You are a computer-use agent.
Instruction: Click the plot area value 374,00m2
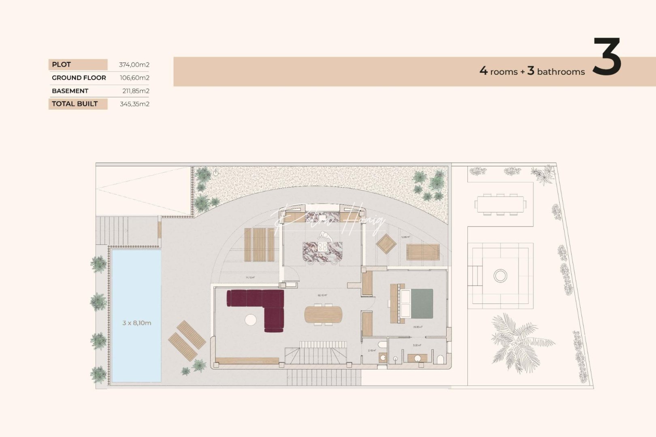tap(134, 65)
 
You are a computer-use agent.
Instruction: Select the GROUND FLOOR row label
tap(79, 78)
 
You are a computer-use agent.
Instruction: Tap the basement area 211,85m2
tap(136, 91)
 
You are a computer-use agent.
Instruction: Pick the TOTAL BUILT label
tap(75, 104)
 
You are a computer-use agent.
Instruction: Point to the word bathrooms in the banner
tap(561, 72)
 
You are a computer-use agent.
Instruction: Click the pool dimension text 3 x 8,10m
tap(137, 323)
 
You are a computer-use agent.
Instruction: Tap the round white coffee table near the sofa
tap(251, 320)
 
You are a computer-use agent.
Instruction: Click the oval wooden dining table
tap(323, 314)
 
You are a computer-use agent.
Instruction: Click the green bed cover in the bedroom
tap(422, 303)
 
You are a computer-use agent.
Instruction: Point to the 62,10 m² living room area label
tap(322, 295)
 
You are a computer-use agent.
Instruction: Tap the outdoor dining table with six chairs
tap(501, 204)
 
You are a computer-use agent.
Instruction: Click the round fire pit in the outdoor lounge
tap(501, 276)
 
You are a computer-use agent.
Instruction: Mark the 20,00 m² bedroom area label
tap(418, 327)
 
